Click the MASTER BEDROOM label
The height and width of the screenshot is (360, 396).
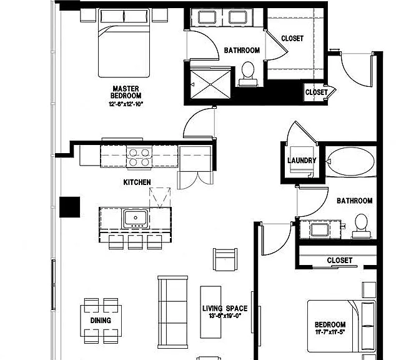[126, 92]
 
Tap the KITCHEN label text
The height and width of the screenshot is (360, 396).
[137, 182]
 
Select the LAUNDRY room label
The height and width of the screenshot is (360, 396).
[302, 161]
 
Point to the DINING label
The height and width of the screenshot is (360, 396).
[101, 321]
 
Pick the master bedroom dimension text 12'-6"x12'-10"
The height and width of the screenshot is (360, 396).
[126, 104]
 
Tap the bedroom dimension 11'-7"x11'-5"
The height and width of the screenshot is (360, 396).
[330, 332]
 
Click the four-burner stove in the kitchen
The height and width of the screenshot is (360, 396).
[139, 157]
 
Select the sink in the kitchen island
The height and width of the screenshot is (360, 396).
[136, 218]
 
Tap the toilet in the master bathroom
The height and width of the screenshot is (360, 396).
[248, 73]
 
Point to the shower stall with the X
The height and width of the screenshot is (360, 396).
[210, 84]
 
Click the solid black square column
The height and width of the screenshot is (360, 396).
[70, 207]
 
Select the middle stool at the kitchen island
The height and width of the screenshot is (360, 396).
[135, 242]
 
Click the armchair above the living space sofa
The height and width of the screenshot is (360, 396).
[225, 259]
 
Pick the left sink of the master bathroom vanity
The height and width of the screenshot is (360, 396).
[207, 17]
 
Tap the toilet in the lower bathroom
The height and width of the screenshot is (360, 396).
[361, 226]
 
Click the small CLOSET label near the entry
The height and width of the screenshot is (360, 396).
[316, 92]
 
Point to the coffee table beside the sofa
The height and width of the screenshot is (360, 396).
[210, 312]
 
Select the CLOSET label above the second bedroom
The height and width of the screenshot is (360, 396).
[339, 260]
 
